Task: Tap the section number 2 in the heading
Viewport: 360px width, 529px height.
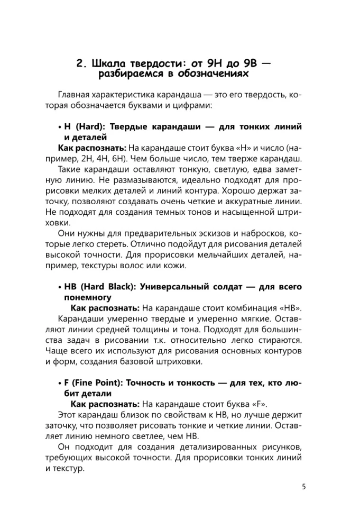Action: coord(80,65)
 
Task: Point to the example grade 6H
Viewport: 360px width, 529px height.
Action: coord(125,159)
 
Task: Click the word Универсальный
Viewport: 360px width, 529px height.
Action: coord(169,287)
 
